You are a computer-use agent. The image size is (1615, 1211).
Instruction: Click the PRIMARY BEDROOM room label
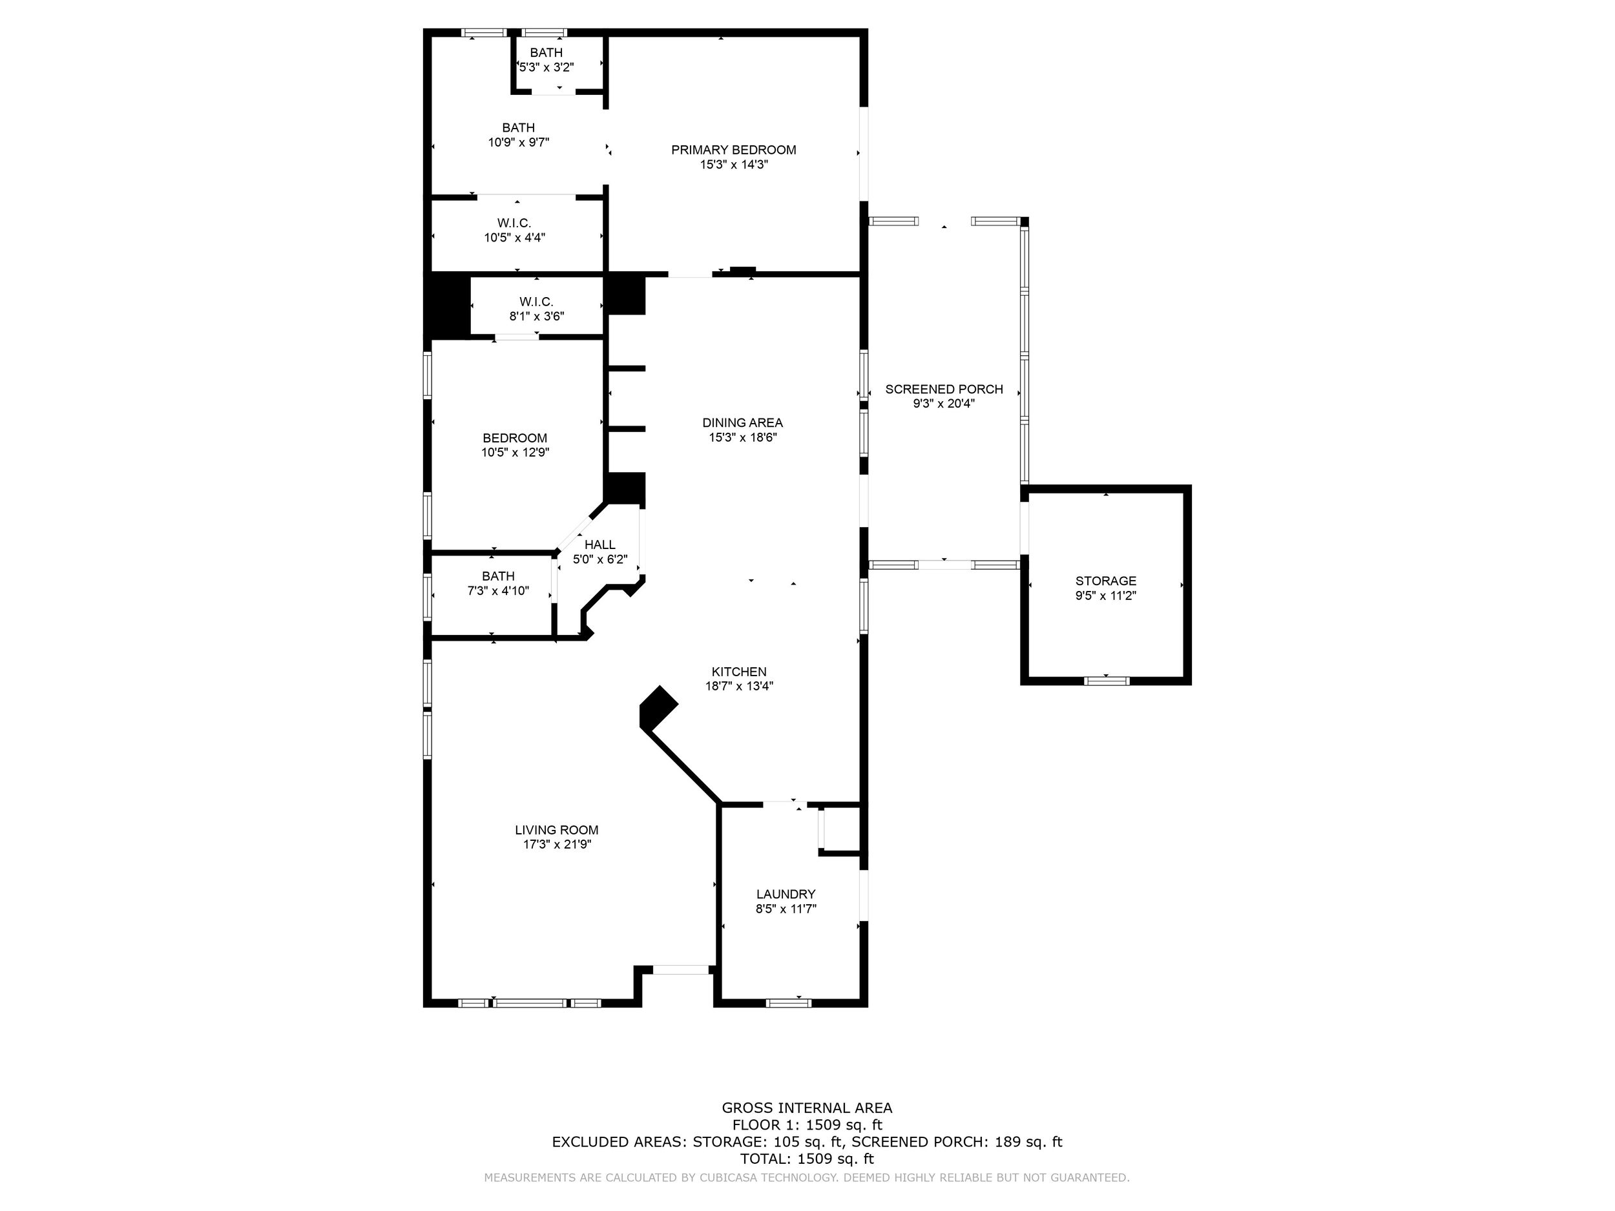tap(734, 150)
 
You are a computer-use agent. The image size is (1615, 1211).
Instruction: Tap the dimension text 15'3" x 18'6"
tap(742, 437)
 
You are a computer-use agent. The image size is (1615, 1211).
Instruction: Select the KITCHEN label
tap(739, 672)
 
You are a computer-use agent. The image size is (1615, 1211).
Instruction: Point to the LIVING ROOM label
tap(556, 830)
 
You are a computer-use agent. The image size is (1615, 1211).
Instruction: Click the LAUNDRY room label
tap(786, 894)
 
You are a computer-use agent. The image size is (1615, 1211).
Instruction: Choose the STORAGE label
tap(1105, 581)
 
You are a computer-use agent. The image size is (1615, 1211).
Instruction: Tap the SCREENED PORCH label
tap(944, 389)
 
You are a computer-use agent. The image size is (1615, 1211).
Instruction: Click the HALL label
tap(600, 544)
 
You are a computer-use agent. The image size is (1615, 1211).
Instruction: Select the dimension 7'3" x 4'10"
tap(498, 590)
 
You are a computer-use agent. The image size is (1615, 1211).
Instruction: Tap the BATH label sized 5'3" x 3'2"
tap(546, 52)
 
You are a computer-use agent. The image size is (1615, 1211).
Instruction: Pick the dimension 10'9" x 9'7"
tap(518, 142)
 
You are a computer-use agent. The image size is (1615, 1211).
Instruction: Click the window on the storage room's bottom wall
tap(1107, 681)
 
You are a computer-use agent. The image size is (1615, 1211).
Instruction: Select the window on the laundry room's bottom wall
tap(789, 1003)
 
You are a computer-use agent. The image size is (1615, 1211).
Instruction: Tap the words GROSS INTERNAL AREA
tap(807, 1108)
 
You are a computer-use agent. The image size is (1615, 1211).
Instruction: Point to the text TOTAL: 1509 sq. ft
tap(807, 1159)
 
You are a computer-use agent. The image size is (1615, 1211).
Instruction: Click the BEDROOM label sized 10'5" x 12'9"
tap(515, 438)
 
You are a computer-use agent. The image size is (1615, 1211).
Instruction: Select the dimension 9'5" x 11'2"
tap(1105, 595)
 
